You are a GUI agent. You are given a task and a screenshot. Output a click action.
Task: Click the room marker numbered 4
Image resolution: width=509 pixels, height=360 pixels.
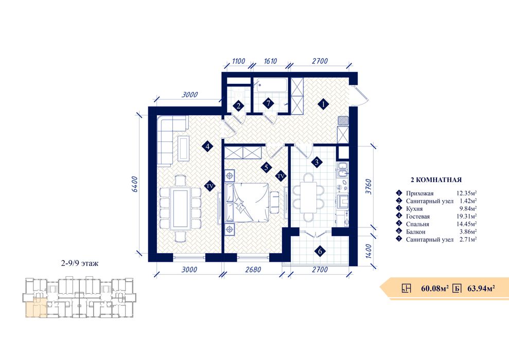pos(207,147)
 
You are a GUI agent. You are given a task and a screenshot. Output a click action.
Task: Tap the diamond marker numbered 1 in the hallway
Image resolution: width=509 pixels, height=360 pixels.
pos(323,104)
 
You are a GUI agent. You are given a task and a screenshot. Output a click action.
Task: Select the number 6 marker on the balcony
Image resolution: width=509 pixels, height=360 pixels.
pos(320,251)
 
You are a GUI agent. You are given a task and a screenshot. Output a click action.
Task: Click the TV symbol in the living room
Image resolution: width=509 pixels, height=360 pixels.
pos(209,186)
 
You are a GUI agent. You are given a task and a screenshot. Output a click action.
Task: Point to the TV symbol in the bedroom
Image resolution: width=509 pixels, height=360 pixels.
pos(281,176)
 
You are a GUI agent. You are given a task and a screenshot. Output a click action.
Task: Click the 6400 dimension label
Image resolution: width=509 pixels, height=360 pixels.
pos(135,184)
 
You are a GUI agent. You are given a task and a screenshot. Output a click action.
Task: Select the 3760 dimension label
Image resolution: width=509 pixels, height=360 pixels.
pos(368,186)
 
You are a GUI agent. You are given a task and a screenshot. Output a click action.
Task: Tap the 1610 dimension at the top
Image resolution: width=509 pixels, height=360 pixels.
pos(270,61)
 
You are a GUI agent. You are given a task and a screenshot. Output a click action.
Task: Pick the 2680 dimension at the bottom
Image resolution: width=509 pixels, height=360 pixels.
pos(253,269)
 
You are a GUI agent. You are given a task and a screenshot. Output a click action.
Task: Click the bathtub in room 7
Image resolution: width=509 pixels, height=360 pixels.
pos(271,85)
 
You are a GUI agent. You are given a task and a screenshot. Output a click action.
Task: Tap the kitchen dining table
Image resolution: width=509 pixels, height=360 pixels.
pos(308,197)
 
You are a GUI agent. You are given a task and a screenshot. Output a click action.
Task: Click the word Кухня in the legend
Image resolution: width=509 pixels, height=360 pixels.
pos(414,209)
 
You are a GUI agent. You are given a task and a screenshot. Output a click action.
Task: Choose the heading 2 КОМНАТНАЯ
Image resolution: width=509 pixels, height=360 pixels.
pos(436,179)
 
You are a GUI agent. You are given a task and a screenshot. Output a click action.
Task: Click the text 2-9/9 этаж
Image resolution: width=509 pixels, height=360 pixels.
pos(80,263)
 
